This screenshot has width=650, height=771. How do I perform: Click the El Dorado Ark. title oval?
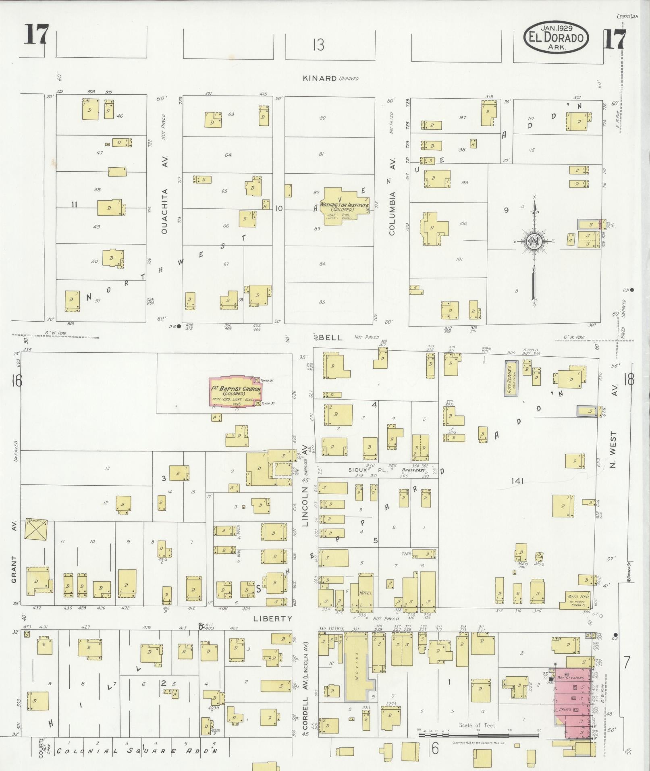[556, 37]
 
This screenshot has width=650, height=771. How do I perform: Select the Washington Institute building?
[344, 206]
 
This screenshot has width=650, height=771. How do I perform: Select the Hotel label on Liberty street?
[366, 592]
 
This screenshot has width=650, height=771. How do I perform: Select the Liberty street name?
[273, 618]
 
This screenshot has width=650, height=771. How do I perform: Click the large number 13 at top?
[318, 45]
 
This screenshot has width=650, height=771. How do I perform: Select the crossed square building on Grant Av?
[36, 529]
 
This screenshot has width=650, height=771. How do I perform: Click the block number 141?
[517, 481]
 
